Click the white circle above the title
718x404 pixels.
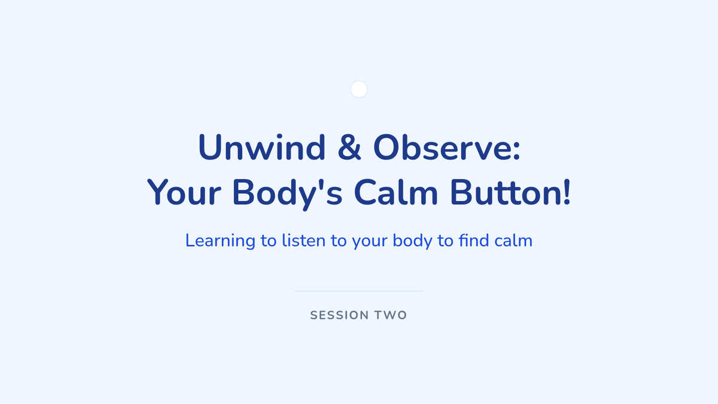click(x=359, y=89)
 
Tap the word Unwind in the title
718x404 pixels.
click(x=262, y=147)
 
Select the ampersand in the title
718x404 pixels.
click(x=349, y=147)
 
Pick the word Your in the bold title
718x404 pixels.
click(x=184, y=192)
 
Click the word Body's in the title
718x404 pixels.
click(x=288, y=193)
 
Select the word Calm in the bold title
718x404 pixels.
click(x=396, y=192)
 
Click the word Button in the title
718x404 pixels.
click(x=505, y=192)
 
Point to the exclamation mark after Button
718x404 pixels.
click(x=567, y=192)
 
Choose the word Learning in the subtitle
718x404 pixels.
click(x=220, y=241)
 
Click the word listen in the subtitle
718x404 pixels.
click(x=303, y=241)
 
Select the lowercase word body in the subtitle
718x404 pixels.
click(x=412, y=241)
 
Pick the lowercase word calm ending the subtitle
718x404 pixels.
click(x=513, y=241)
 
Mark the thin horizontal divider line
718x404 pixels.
click(x=359, y=291)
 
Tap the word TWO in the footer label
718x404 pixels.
click(x=391, y=315)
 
